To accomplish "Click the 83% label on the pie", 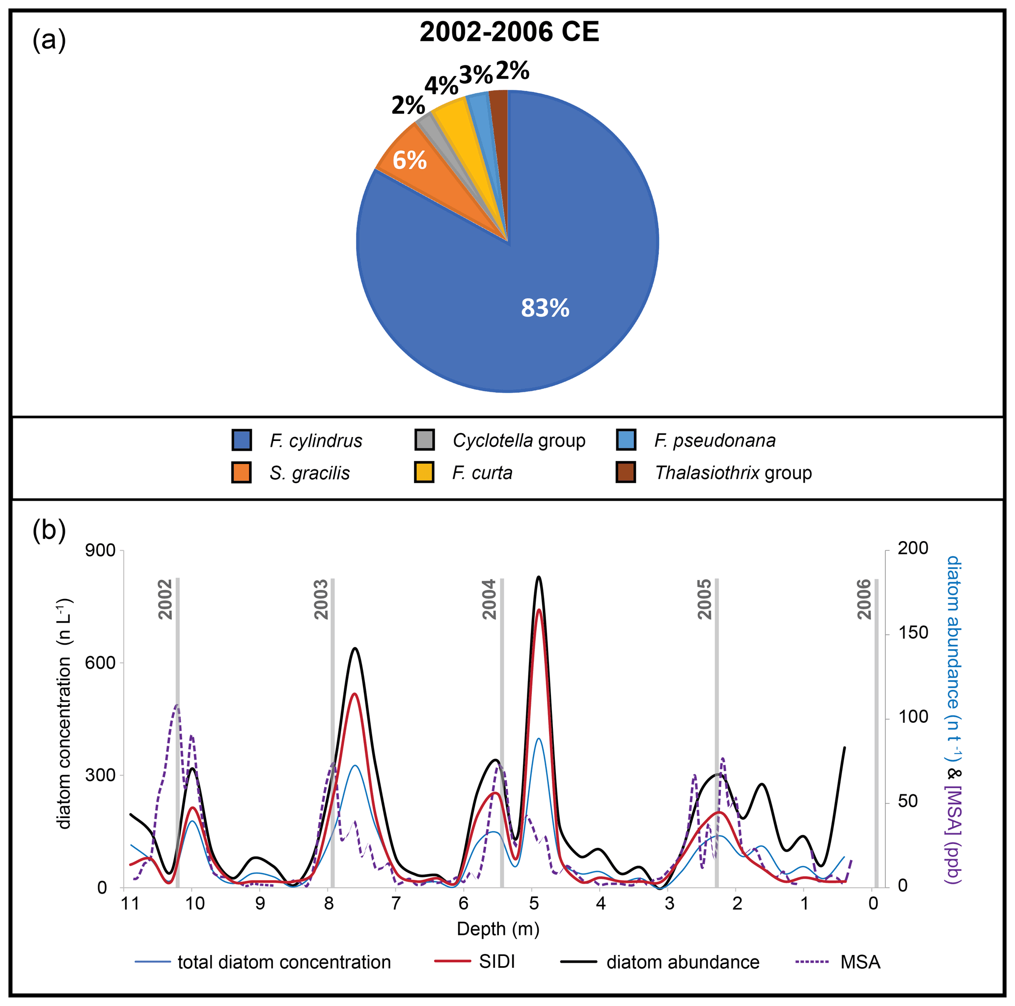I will click(545, 308).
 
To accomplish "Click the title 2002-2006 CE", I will click(509, 32).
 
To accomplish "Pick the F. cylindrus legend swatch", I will click(242, 440).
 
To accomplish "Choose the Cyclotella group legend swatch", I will click(424, 440).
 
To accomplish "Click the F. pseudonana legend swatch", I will click(626, 440).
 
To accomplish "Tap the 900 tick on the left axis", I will click(100, 550).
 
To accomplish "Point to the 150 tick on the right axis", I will click(913, 632).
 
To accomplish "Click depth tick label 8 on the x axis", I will click(329, 903).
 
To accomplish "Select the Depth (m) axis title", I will click(498, 929).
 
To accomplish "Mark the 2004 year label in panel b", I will click(490, 599).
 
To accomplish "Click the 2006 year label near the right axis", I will click(864, 599).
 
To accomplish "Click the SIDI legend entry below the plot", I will click(496, 962).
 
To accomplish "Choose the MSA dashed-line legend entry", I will click(860, 962).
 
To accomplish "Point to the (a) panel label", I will click(49, 40).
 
